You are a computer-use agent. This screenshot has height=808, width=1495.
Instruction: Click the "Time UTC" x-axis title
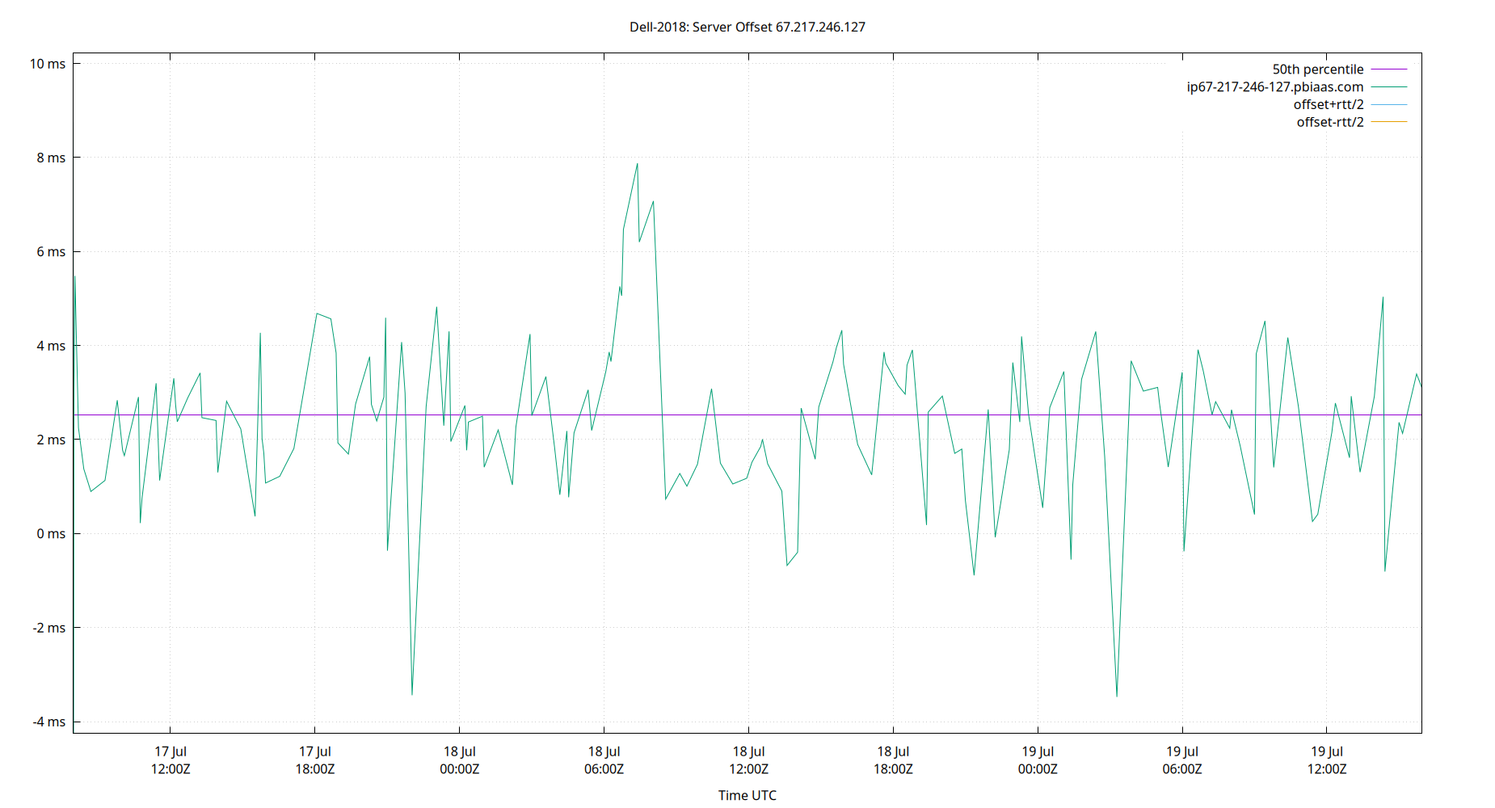click(747, 795)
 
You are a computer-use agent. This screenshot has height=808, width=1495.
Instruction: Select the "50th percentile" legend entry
click(1317, 69)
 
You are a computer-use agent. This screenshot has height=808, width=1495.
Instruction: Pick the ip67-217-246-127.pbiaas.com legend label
click(1274, 87)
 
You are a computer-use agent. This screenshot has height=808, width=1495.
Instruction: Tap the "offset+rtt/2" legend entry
click(1328, 105)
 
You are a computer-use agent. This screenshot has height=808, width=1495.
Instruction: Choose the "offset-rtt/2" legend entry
click(1329, 123)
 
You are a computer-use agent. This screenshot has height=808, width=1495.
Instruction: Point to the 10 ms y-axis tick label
click(48, 64)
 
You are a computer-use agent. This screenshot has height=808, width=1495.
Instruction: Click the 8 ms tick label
click(51, 158)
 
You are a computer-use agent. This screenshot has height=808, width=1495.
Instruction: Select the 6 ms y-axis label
click(51, 252)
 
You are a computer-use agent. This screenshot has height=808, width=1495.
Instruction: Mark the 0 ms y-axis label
click(51, 534)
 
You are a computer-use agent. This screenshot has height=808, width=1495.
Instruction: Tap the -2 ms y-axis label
click(48, 628)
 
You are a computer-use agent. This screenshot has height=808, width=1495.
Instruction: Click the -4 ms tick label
click(48, 722)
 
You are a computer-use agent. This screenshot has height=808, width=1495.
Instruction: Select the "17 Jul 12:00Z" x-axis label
click(171, 760)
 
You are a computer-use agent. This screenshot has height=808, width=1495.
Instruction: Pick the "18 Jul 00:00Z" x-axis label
click(459, 760)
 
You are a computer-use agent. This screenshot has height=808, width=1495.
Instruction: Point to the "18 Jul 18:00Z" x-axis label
click(893, 760)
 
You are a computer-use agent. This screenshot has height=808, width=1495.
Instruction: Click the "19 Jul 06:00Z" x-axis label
click(1182, 760)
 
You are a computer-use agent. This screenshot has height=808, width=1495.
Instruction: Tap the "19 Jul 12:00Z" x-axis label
click(1327, 760)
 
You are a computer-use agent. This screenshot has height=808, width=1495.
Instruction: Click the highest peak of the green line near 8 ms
click(637, 164)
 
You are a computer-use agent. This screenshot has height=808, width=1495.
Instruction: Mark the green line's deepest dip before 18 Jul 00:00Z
click(412, 694)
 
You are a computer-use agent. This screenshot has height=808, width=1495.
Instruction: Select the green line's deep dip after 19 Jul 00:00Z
click(1117, 696)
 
